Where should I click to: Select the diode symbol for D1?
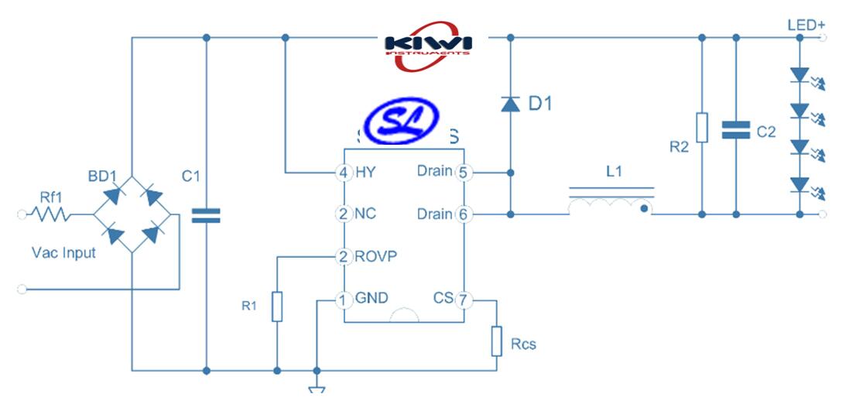click(510, 104)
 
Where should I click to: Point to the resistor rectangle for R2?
click(701, 128)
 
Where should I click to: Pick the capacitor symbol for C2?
click(735, 130)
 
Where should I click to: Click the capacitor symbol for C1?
click(206, 214)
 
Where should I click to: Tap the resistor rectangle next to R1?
click(277, 307)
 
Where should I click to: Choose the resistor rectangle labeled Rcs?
click(497, 341)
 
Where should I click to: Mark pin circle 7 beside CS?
click(463, 299)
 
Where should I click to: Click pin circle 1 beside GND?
click(344, 299)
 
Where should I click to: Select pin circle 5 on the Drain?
click(463, 172)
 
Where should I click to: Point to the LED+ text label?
click(806, 26)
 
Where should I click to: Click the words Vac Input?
click(64, 252)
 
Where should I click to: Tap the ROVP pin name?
click(376, 256)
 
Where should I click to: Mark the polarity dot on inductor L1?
click(643, 207)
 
